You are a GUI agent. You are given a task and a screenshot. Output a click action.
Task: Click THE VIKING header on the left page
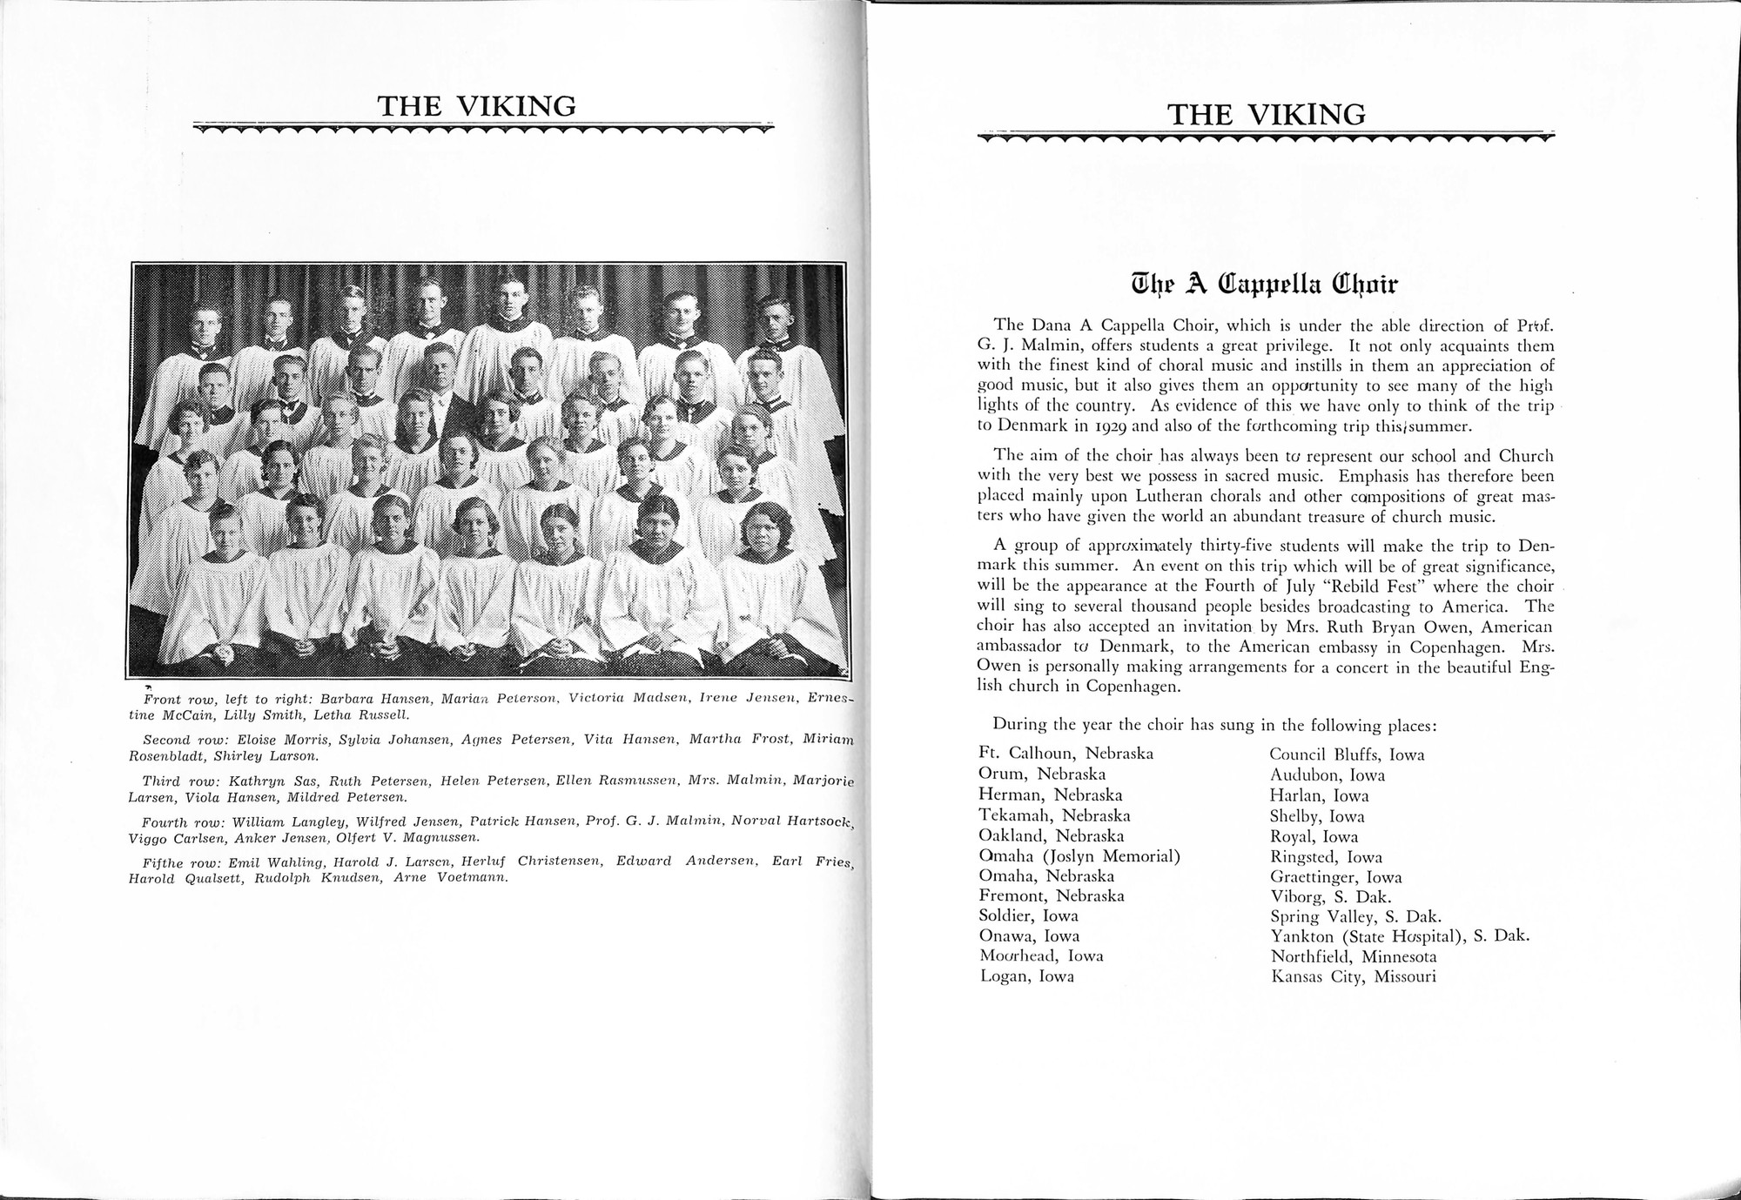(x=476, y=106)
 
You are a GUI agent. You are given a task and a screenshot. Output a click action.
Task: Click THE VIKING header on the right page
(x=1266, y=114)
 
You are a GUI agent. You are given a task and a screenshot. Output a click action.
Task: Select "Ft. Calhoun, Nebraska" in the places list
(x=1066, y=754)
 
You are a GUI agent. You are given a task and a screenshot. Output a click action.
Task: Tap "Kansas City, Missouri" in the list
(x=1352, y=976)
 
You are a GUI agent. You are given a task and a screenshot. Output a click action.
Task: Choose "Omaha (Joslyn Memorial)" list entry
(x=1079, y=855)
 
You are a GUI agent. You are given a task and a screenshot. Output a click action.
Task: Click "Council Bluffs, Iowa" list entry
(x=1347, y=754)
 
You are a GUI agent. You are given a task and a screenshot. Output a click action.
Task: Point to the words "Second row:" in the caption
(x=179, y=740)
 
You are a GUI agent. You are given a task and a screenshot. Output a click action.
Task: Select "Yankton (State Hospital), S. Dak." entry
(x=1399, y=936)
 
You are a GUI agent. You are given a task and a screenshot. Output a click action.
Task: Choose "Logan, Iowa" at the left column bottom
(x=1026, y=976)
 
